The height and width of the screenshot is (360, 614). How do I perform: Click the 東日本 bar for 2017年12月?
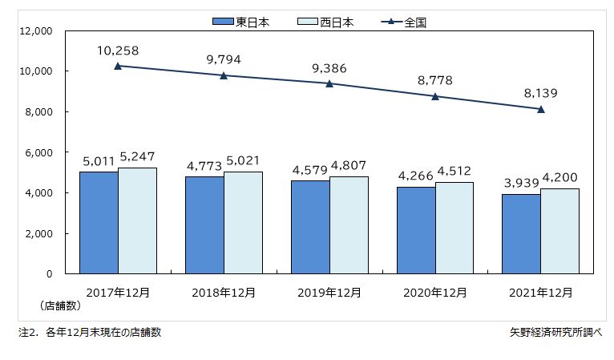click(x=99, y=222)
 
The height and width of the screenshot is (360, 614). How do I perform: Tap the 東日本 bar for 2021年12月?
click(x=522, y=233)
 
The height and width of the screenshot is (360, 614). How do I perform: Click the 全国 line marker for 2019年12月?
click(x=329, y=83)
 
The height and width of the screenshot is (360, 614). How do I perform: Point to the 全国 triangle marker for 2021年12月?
click(x=541, y=109)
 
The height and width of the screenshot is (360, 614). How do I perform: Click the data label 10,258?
click(x=118, y=51)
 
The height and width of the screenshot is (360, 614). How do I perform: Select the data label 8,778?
click(x=435, y=80)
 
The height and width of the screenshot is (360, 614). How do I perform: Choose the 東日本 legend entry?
click(x=241, y=22)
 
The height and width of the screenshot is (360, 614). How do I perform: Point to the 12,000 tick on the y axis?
click(x=34, y=31)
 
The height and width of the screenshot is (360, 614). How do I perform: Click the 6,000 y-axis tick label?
click(x=38, y=152)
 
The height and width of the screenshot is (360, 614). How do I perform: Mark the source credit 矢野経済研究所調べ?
click(x=555, y=331)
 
